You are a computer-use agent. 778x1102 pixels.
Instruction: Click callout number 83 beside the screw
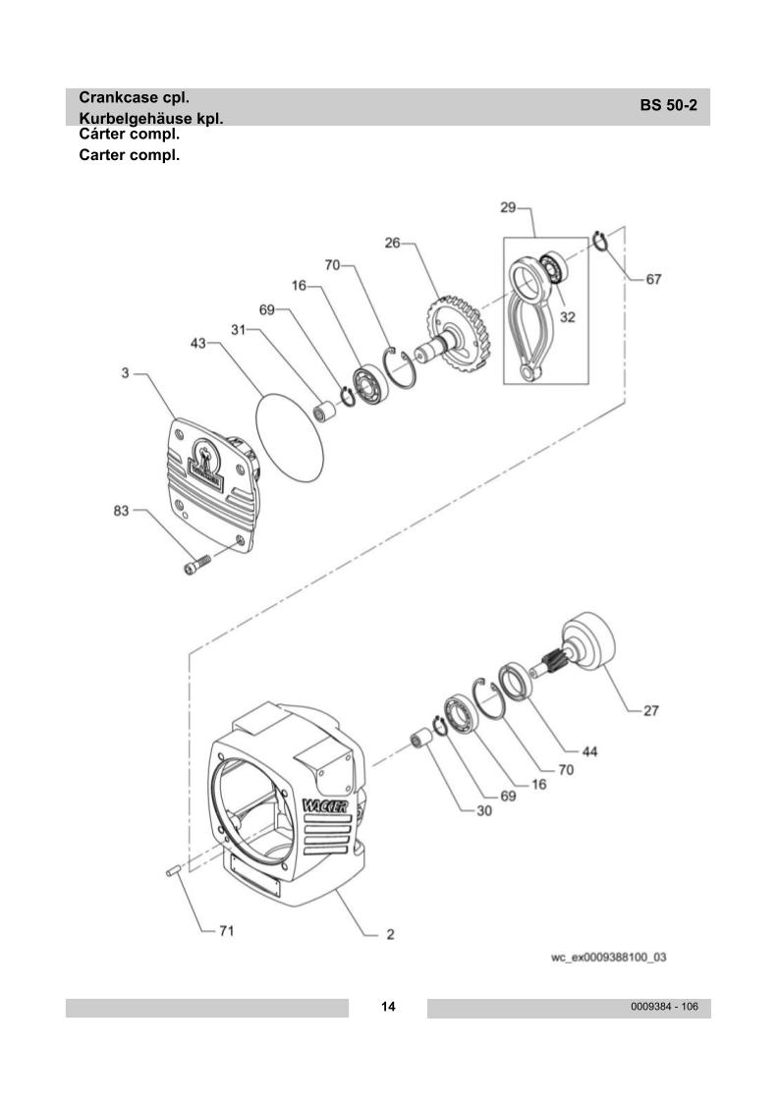point(122,510)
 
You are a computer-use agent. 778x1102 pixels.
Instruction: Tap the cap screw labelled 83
point(197,564)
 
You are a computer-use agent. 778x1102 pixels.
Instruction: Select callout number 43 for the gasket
point(198,343)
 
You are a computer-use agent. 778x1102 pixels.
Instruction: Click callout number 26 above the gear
point(392,243)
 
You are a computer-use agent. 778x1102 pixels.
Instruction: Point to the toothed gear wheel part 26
point(458,334)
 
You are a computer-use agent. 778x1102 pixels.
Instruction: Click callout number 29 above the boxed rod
point(508,207)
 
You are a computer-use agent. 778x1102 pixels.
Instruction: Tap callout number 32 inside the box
point(567,317)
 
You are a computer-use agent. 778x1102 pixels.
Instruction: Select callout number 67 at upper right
point(653,279)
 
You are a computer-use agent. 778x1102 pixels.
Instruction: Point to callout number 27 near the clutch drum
point(651,710)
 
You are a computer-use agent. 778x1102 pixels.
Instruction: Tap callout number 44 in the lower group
point(589,751)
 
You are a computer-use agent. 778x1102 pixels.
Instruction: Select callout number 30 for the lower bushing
point(484,810)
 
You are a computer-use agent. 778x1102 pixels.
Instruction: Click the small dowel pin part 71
point(173,871)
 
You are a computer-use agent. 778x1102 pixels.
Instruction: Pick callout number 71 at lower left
point(226,930)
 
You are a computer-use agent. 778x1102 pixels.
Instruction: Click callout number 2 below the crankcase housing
point(390,934)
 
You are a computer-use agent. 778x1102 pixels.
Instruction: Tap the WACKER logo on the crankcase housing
point(325,805)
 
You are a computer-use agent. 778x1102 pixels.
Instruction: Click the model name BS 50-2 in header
point(668,105)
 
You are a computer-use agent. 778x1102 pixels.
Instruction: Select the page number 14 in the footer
point(388,1007)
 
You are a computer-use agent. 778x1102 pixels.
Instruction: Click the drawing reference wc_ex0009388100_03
point(609,957)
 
